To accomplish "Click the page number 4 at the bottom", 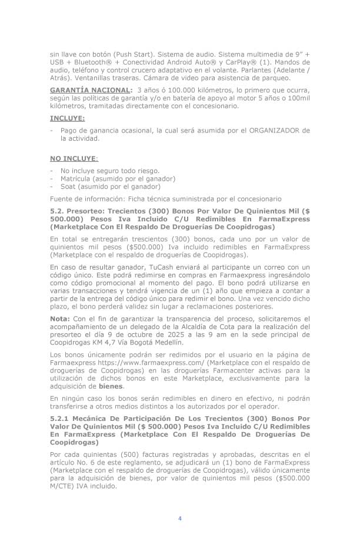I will (x=180, y=518).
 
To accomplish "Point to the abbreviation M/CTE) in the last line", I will (x=64, y=487).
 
